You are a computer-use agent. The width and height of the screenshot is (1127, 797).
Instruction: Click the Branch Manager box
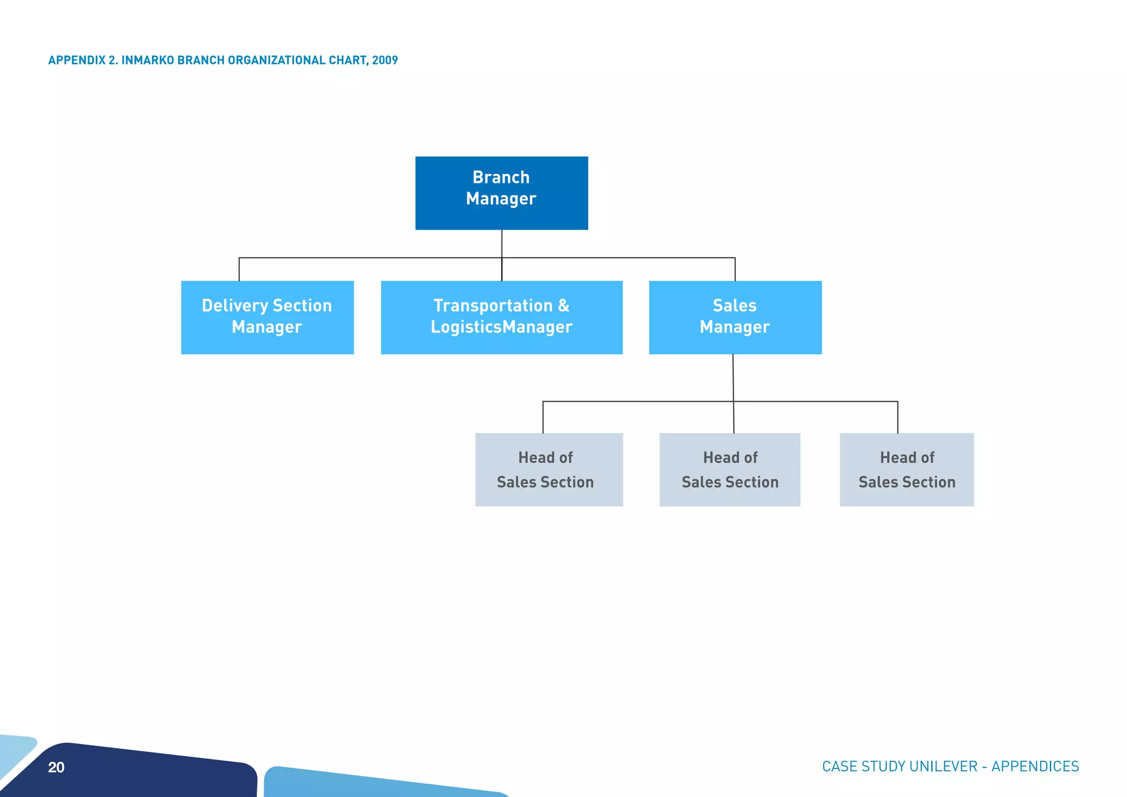(x=501, y=193)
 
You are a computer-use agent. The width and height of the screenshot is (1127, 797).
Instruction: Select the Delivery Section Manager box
(x=267, y=317)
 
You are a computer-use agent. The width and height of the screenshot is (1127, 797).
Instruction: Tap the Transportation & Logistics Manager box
(x=501, y=317)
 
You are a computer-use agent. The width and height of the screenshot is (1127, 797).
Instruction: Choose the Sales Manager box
(x=735, y=317)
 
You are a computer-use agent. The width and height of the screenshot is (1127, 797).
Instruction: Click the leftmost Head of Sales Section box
(x=549, y=470)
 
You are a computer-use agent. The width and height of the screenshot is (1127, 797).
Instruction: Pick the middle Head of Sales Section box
(x=730, y=470)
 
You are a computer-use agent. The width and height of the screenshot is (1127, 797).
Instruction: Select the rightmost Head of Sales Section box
(x=906, y=470)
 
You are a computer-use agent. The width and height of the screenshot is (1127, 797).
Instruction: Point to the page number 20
(x=56, y=767)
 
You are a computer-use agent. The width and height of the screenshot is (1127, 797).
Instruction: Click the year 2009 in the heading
(x=385, y=60)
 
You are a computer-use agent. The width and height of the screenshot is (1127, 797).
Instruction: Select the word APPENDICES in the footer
(x=1035, y=766)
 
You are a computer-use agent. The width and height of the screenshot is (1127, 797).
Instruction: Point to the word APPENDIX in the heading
(x=76, y=60)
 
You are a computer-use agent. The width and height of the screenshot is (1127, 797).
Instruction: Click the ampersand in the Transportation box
(x=563, y=305)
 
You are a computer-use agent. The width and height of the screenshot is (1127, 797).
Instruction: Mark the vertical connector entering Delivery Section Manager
(x=239, y=269)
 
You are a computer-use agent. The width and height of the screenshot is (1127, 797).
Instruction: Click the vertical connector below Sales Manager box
(x=733, y=378)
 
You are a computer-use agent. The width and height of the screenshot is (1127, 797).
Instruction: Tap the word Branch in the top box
(x=501, y=177)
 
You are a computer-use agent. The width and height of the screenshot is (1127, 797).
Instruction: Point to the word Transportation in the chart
(x=493, y=305)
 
